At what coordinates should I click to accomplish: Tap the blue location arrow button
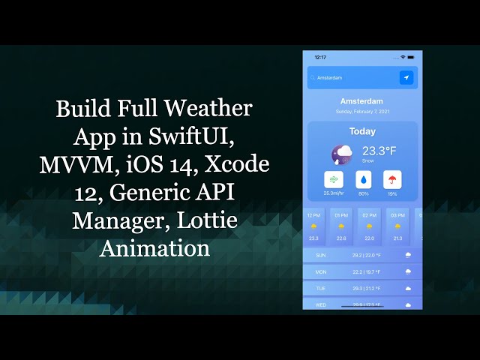[x=406, y=77]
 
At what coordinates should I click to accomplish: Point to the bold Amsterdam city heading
[x=361, y=101]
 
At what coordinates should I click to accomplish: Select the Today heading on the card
[x=362, y=131]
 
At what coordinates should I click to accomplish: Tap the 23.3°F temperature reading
[x=379, y=150]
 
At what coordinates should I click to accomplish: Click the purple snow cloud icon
[x=343, y=154]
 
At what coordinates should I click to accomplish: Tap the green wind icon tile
[x=334, y=180]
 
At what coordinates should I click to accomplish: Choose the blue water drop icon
[x=363, y=180]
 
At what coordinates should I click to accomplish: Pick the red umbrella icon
[x=391, y=180]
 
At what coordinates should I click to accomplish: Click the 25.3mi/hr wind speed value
[x=334, y=193]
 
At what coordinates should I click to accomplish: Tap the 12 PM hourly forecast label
[x=313, y=215]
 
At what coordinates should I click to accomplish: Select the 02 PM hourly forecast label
[x=369, y=215]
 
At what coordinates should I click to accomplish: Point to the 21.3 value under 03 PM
[x=397, y=238]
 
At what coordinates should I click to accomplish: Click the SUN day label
[x=321, y=255]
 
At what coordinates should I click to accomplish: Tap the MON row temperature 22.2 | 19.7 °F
[x=366, y=271]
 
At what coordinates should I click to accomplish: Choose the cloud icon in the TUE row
[x=408, y=288]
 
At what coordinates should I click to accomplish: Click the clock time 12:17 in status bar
[x=320, y=57]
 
